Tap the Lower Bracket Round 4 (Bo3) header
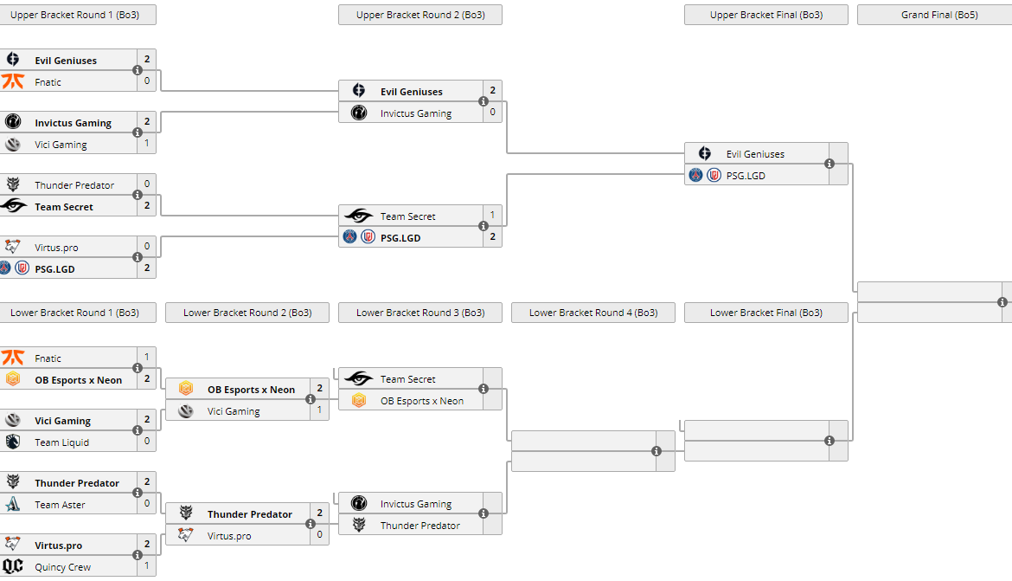(592, 313)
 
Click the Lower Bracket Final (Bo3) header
(765, 313)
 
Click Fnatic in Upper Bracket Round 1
(48, 82)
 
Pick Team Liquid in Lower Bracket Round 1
(61, 442)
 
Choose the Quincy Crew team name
(62, 567)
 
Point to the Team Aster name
(60, 505)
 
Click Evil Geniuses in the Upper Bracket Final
(755, 154)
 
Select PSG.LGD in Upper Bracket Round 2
(400, 238)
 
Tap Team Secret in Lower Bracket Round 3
(407, 379)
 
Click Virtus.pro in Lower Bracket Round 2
(229, 536)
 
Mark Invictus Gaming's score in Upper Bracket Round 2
(492, 112)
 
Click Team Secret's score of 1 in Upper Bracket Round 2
(492, 215)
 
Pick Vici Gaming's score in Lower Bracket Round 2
(319, 410)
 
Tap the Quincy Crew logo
(13, 567)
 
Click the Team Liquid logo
(13, 442)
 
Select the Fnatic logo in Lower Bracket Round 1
(13, 358)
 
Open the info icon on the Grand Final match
(1002, 302)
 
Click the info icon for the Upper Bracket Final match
(829, 164)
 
